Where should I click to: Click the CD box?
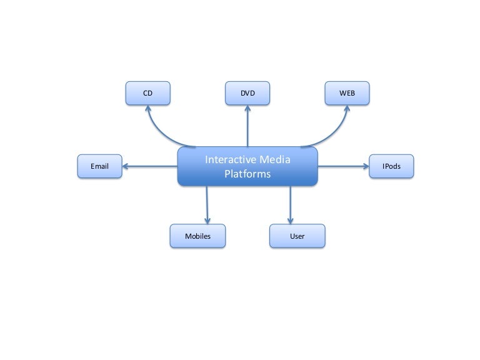point(147,93)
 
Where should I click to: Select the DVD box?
point(247,93)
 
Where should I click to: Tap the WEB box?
point(347,93)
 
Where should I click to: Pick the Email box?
point(99,166)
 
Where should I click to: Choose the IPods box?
point(391,166)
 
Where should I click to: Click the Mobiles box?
point(197,236)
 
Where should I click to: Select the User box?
point(297,236)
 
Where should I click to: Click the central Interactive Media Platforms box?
point(247,167)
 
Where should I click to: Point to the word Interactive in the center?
point(229,160)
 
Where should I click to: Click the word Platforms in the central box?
point(247,174)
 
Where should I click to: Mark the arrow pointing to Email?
point(150,166)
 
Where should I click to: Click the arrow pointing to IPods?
point(342,166)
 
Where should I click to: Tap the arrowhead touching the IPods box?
point(365,166)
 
